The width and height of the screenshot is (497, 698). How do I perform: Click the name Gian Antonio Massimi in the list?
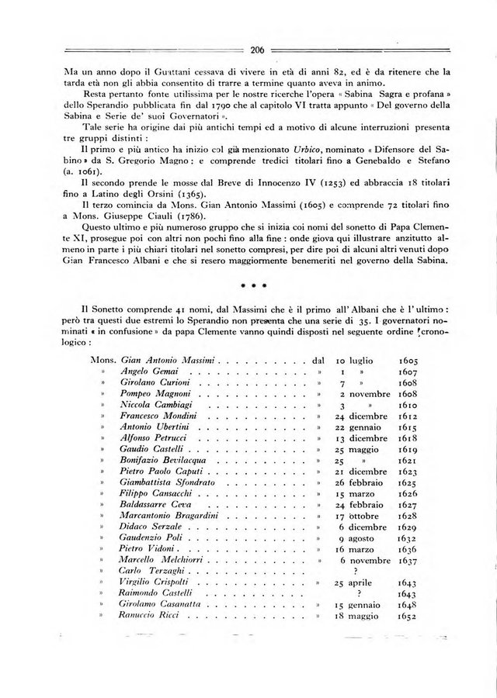point(170,361)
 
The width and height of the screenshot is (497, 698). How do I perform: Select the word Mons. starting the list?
point(103,361)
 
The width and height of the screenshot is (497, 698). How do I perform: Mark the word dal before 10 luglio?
point(318,361)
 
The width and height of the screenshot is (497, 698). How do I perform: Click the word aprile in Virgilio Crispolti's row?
point(363,582)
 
